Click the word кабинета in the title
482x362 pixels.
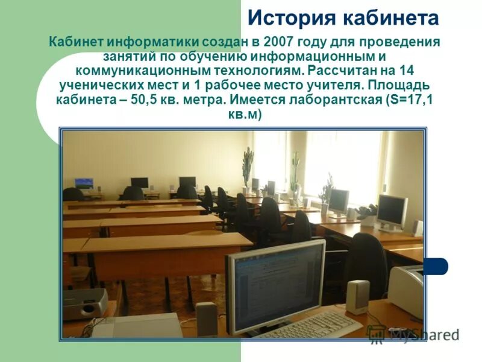pyautogui.click(x=391, y=18)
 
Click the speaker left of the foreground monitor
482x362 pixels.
pyautogui.click(x=206, y=318)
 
